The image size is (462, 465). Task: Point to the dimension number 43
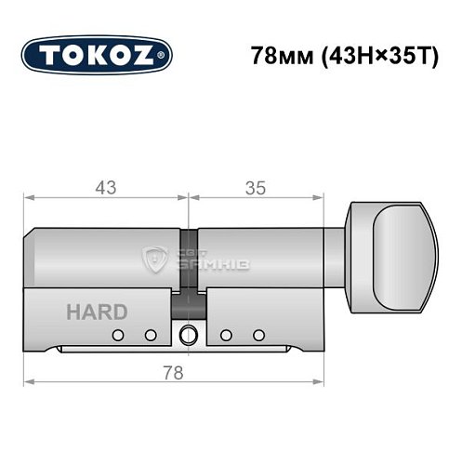coord(106,188)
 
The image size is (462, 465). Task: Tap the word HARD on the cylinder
coord(97,312)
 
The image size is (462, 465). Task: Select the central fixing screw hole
coord(190,336)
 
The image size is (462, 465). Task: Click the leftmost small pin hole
coord(118,335)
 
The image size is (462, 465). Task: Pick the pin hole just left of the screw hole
coord(150,335)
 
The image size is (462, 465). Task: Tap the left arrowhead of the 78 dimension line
coord(28,382)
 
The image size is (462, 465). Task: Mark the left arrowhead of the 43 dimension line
coord(28,198)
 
